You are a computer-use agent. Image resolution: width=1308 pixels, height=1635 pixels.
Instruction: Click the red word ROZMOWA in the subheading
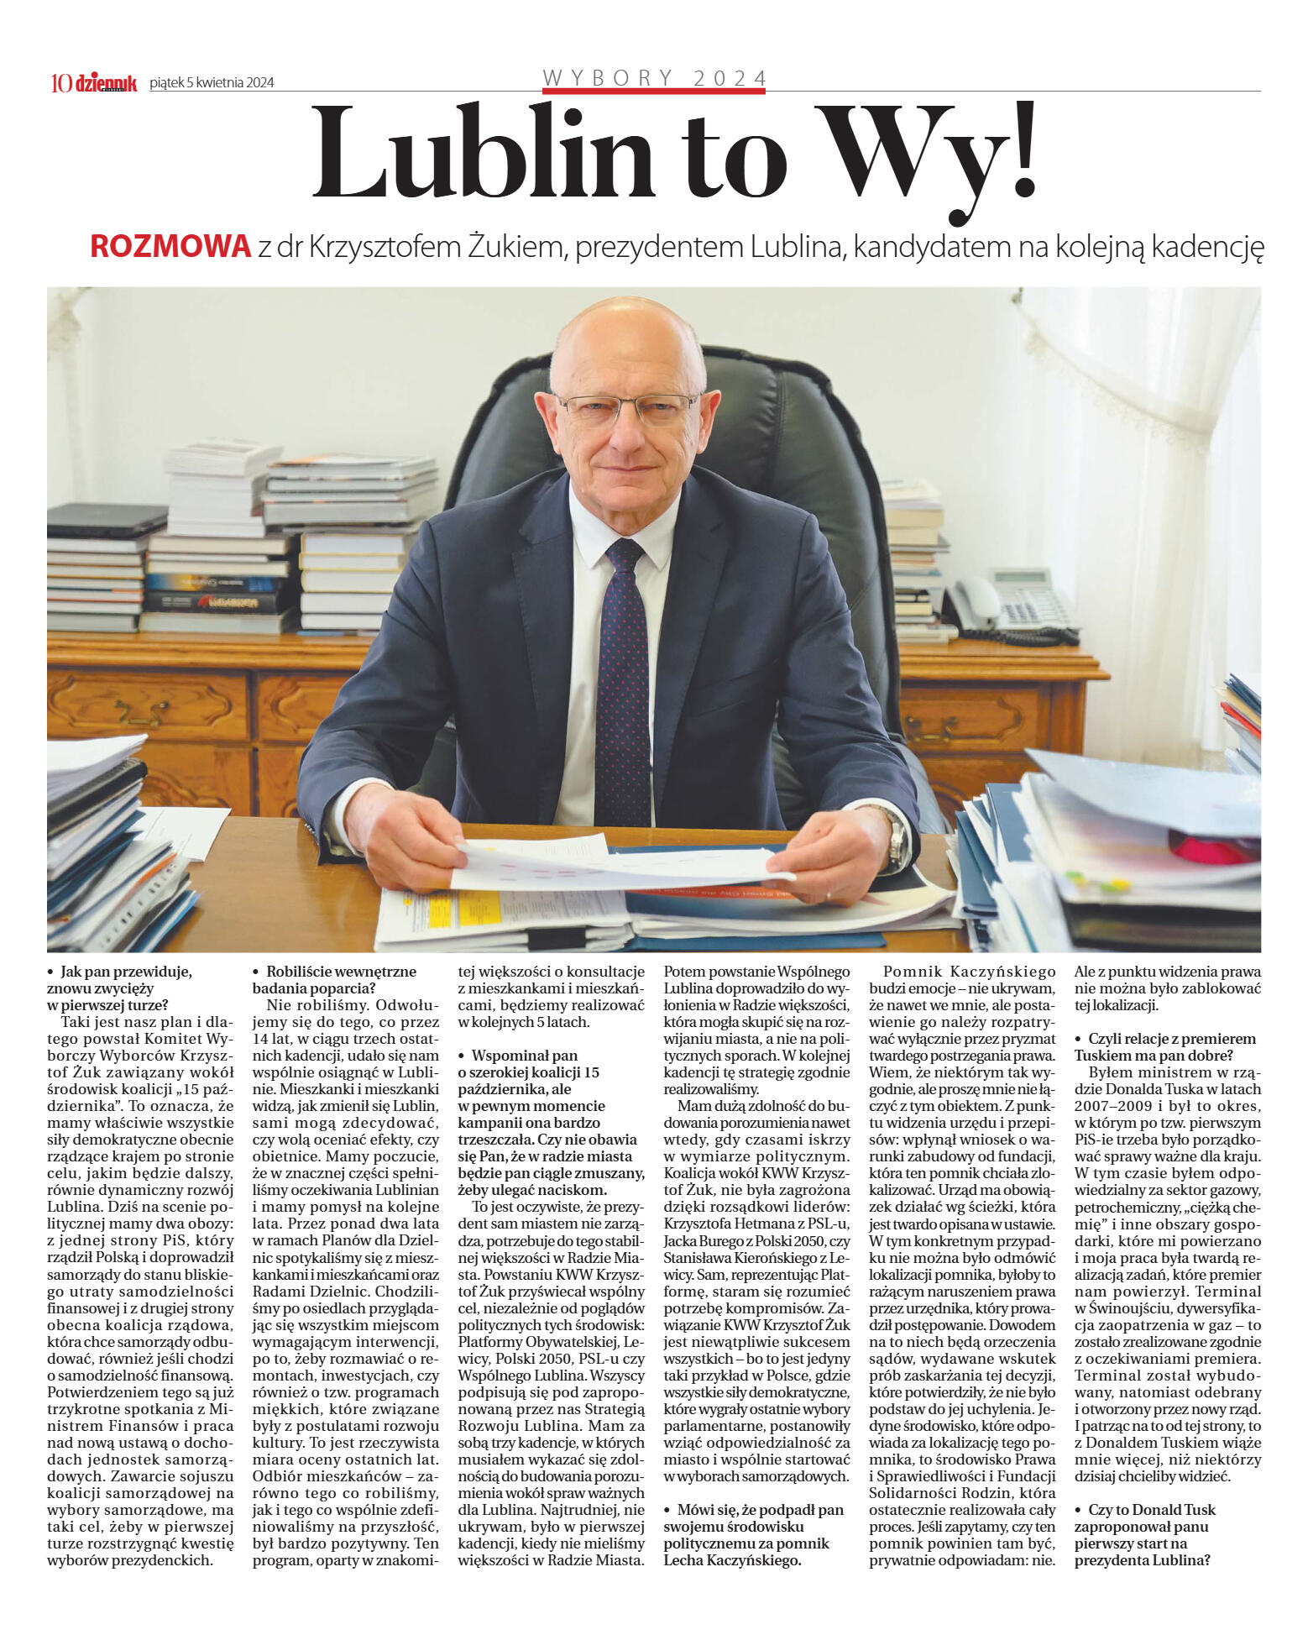(x=170, y=247)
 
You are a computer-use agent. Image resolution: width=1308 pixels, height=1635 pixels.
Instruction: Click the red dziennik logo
(x=106, y=82)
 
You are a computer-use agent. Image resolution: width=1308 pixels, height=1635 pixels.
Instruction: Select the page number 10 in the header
(x=61, y=82)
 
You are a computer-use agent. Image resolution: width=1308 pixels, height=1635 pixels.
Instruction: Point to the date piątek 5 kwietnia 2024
(x=212, y=82)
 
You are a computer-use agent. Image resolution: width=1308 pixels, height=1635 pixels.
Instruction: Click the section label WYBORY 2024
(x=655, y=78)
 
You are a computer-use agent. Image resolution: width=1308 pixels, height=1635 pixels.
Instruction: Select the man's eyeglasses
(x=627, y=407)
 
